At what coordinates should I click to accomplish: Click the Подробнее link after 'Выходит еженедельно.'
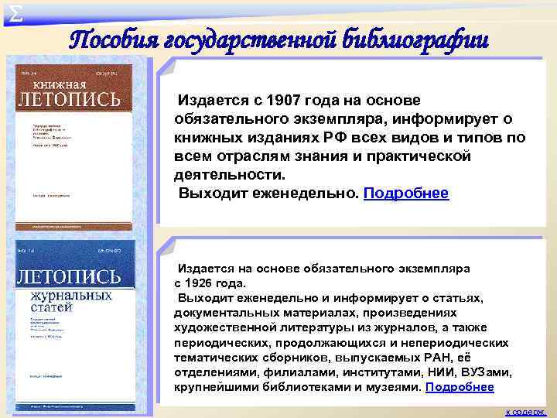405,194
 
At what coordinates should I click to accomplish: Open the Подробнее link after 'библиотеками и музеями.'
460,387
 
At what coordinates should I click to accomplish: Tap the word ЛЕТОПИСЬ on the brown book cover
71,100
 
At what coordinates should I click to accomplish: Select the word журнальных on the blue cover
71,296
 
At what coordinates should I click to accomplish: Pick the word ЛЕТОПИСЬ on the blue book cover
70,276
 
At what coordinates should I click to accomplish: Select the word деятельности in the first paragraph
224,175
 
